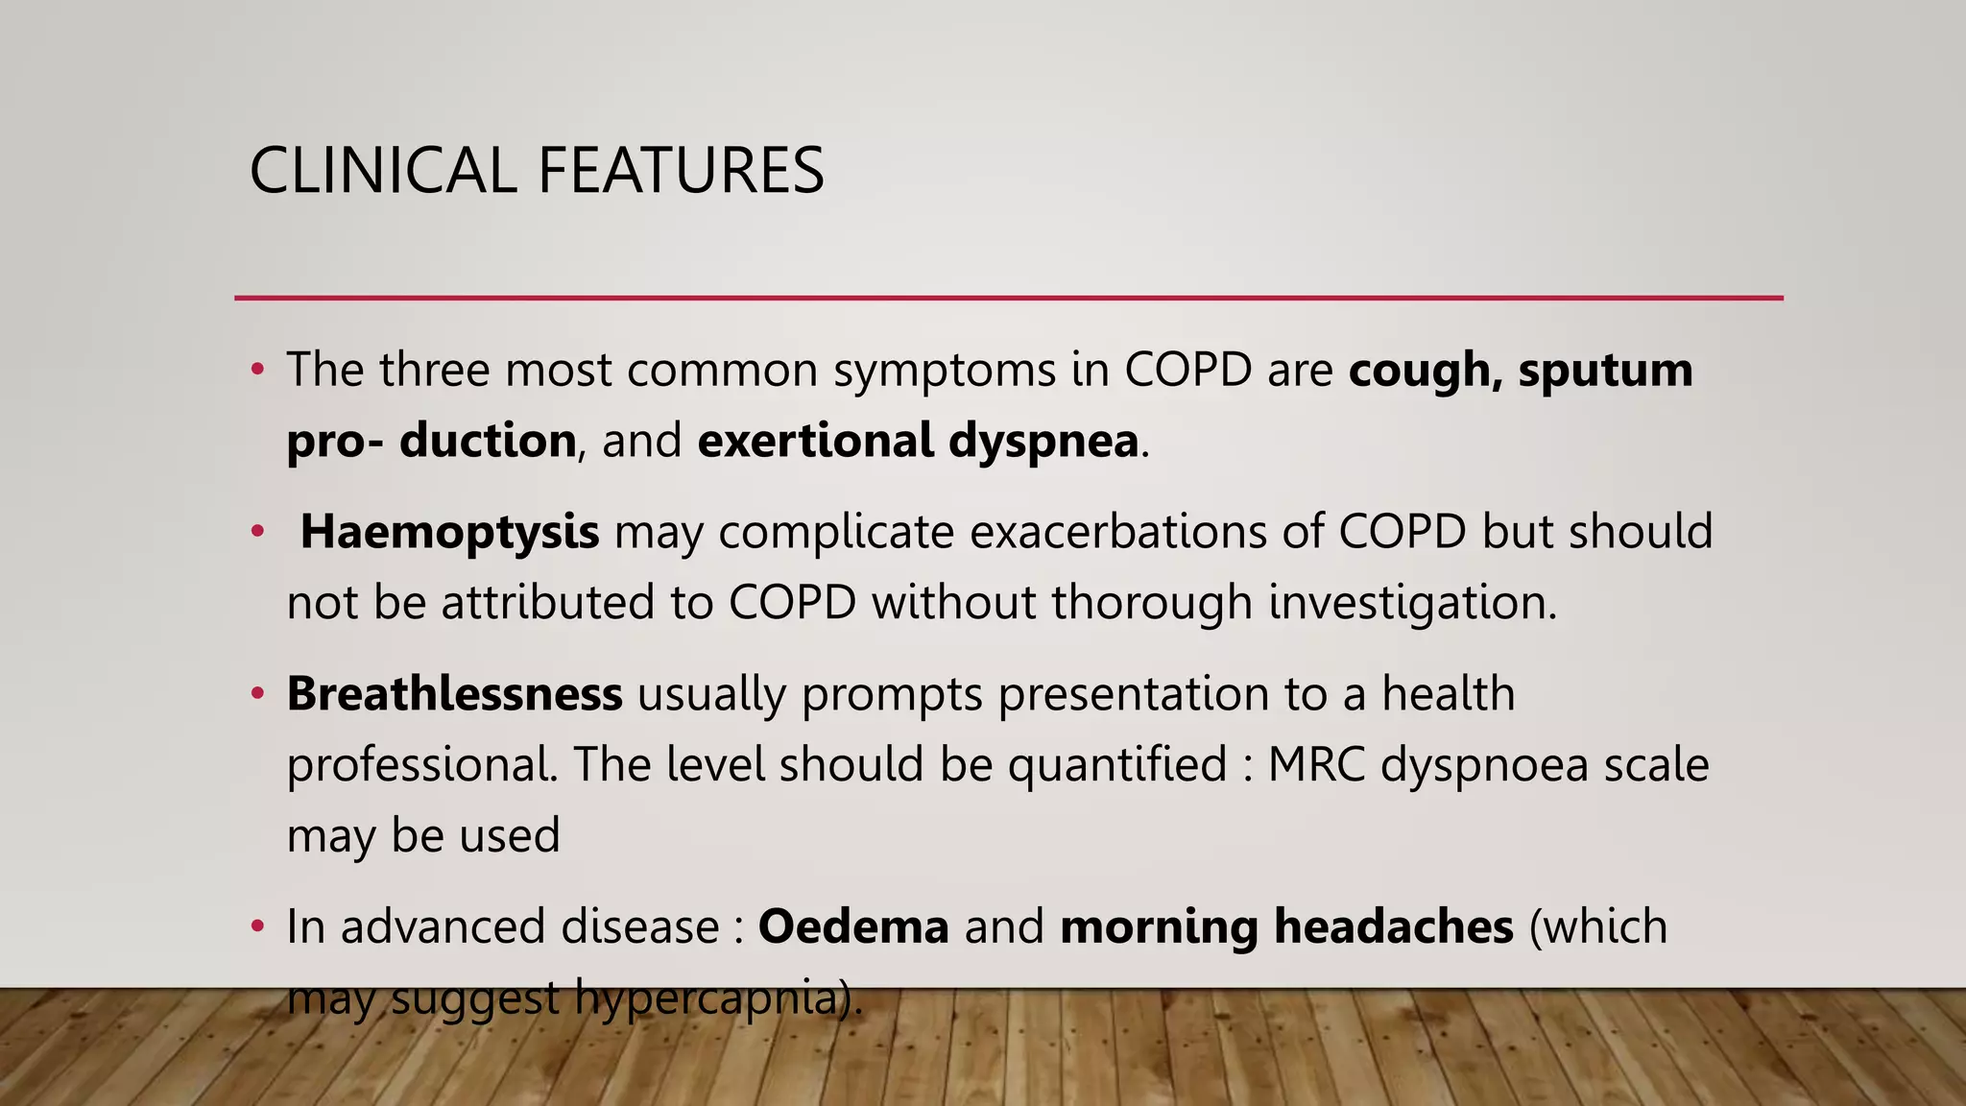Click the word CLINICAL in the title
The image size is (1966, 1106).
pos(383,171)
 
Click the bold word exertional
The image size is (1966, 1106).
pos(816,441)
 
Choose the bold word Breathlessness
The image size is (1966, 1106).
pos(454,693)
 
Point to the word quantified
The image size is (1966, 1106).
pos(1117,765)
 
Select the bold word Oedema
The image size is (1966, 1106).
pos(853,926)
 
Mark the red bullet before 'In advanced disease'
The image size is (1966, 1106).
pos(256,926)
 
